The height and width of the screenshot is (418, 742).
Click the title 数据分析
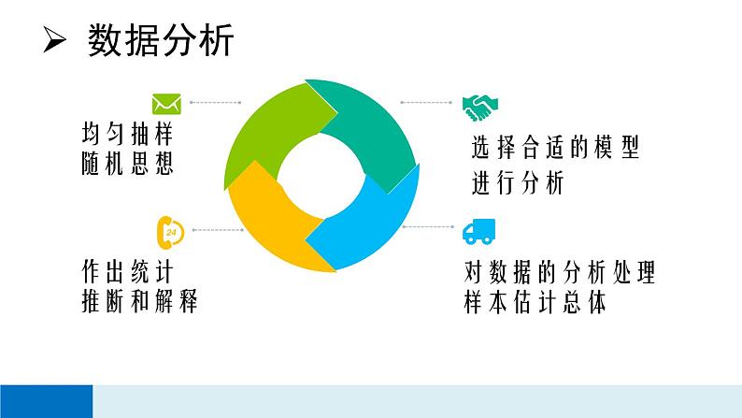coord(160,42)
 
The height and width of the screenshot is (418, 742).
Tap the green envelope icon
coord(166,102)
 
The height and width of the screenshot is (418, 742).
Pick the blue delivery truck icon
coord(478,231)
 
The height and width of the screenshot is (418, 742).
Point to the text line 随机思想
coord(128,165)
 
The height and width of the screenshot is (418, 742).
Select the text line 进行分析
coord(518,183)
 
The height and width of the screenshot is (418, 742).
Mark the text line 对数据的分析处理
coord(559,273)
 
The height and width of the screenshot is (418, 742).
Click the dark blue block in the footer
coord(46,400)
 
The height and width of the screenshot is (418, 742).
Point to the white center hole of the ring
coord(318,176)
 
